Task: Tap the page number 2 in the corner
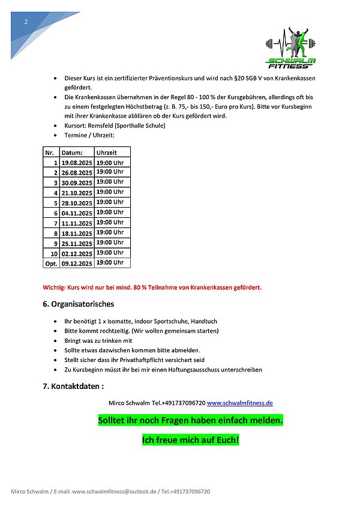[x=26, y=22]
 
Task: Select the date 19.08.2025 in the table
[x=77, y=163]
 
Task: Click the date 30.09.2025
[x=77, y=183]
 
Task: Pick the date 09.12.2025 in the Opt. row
[x=77, y=264]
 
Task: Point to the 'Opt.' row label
[x=51, y=264]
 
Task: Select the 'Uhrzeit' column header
[x=106, y=152]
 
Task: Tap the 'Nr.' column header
[x=49, y=152]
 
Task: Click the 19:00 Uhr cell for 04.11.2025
[x=110, y=212]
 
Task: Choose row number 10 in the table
[x=53, y=253]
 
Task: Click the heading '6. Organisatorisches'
[x=78, y=304]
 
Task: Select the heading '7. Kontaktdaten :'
[x=73, y=386]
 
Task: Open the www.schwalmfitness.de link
[x=240, y=403]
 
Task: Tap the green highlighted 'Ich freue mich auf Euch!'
[x=190, y=441]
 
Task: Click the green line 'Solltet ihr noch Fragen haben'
[x=190, y=421]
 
